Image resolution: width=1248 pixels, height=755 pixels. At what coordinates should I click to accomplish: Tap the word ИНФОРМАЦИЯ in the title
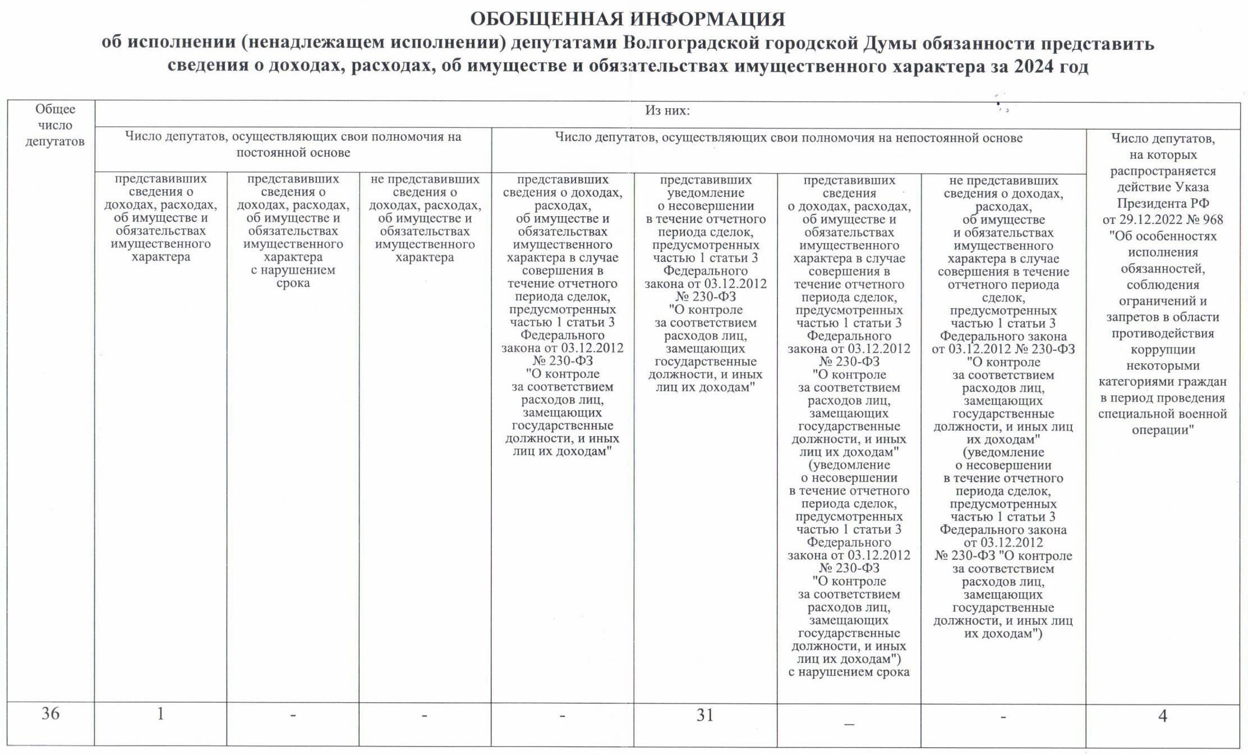(x=708, y=19)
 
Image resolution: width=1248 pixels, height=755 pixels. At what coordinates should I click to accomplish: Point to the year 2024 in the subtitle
(x=1033, y=66)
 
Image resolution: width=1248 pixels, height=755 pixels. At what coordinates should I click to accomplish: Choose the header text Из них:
(x=667, y=111)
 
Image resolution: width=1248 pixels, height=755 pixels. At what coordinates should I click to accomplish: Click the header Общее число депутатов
(x=54, y=125)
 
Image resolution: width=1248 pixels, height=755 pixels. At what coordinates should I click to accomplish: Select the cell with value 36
(x=50, y=713)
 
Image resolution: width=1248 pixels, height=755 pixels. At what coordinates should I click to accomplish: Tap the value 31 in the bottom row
(x=705, y=715)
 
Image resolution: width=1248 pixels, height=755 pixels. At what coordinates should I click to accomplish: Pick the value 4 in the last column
(x=1162, y=716)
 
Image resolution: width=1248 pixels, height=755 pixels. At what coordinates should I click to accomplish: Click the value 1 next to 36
(x=160, y=713)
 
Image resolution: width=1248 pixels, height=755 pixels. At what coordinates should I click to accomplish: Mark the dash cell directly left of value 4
(x=1003, y=717)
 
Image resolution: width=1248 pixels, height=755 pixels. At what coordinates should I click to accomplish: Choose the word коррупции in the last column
(x=1162, y=349)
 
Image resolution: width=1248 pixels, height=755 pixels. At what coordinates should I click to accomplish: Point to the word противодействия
(x=1162, y=333)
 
